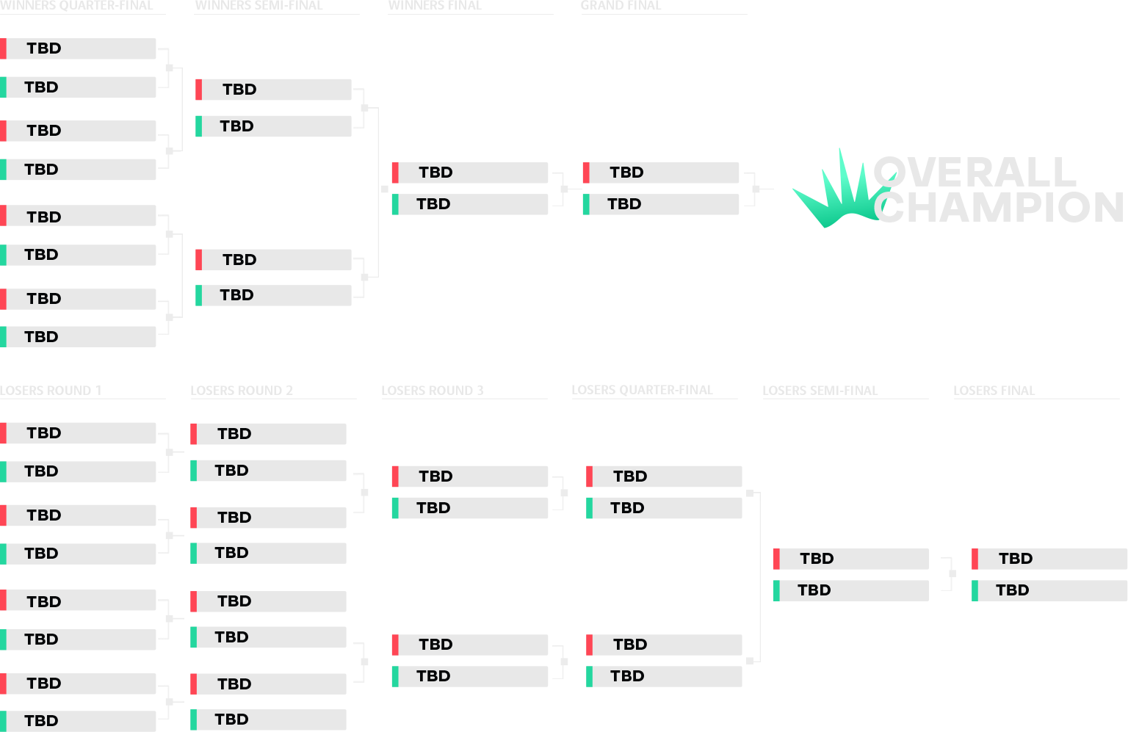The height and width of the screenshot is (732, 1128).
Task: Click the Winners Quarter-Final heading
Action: point(76,5)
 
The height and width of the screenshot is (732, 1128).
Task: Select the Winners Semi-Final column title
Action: point(258,5)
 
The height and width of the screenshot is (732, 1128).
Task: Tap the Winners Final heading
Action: point(435,5)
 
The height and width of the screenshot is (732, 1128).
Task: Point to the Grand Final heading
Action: point(621,5)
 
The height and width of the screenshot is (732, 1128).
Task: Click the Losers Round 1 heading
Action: point(51,391)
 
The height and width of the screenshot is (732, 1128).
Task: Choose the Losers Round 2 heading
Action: point(242,391)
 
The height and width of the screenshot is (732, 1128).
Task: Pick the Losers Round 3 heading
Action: point(433,391)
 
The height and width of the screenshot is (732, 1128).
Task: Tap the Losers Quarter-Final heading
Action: point(642,390)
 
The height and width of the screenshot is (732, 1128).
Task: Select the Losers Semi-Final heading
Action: point(820,391)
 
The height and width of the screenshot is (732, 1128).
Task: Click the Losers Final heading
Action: point(994,391)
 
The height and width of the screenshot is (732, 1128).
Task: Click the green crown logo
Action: point(837,195)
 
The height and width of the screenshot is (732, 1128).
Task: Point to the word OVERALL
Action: point(975,173)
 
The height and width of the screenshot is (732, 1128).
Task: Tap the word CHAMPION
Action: point(999,208)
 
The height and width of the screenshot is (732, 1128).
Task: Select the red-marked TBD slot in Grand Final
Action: point(661,173)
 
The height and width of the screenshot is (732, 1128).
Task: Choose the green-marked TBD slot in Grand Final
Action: point(661,204)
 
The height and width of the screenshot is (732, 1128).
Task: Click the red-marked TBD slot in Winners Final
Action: point(470,173)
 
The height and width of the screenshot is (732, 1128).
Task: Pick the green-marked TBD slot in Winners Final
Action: point(470,204)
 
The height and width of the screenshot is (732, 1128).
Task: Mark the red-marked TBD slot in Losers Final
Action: point(1050,559)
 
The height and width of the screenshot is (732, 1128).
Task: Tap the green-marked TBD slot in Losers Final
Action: point(1050,590)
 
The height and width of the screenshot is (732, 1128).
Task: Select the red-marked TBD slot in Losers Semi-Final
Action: point(852,559)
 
